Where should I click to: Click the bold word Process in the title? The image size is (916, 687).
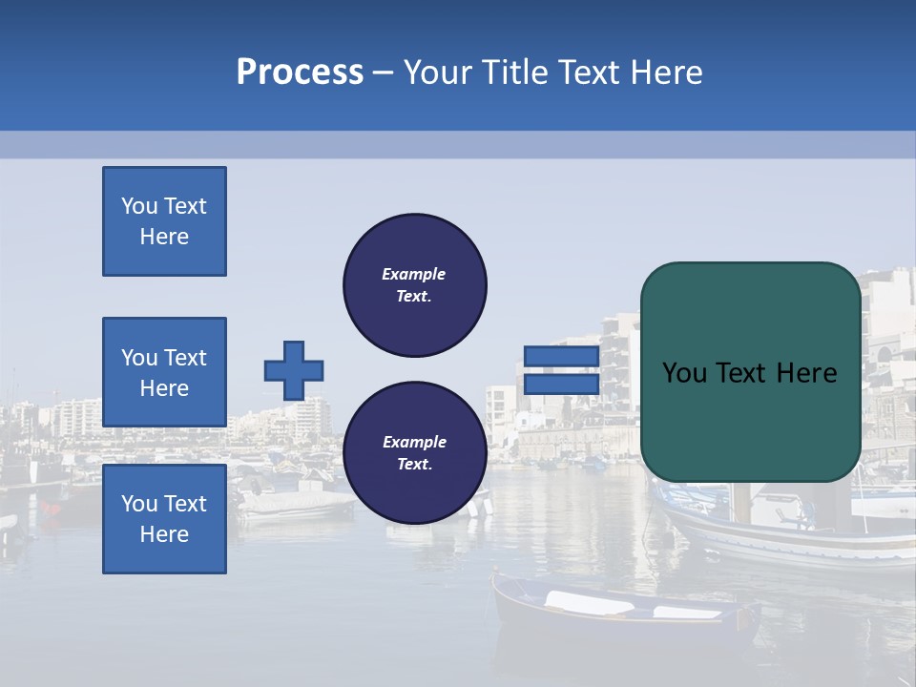coord(300,73)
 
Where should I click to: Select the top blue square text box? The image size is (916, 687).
coord(164,221)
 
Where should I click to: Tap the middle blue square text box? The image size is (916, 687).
coord(164,372)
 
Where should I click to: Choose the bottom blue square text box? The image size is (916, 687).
coord(164,519)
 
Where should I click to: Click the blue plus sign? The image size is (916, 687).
coord(294,370)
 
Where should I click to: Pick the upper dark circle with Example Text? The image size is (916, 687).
coord(414,284)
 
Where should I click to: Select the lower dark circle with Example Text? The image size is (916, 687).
coord(414,452)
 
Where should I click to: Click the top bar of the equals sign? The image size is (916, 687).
coord(561,357)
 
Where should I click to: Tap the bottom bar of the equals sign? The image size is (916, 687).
coord(561,385)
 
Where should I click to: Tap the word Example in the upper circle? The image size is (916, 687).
coord(414,274)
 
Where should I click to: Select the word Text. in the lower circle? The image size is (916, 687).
coord(414,465)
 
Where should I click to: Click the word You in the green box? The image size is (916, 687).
coord(683,373)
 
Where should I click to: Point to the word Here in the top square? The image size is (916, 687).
coord(164,237)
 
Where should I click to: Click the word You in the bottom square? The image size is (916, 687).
coord(139,504)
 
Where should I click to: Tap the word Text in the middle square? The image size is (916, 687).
coord(185,358)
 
